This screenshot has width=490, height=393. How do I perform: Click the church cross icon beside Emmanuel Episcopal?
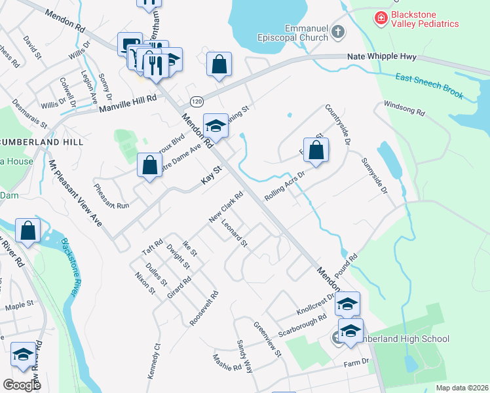[337, 31]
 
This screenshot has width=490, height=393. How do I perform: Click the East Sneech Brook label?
[429, 86]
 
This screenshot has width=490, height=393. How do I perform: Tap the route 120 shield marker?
[196, 102]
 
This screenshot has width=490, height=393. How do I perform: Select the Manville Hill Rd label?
[128, 100]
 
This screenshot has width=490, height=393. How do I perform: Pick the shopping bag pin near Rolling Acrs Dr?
[316, 149]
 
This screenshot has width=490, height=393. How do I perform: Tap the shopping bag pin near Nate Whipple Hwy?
[219, 64]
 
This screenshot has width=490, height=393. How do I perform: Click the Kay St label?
[212, 178]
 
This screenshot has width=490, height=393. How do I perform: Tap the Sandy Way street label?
[244, 356]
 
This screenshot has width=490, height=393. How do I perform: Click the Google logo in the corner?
[22, 384]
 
